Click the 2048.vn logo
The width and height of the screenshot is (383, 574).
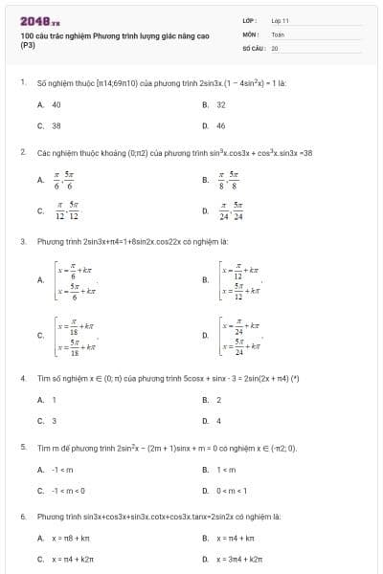39,19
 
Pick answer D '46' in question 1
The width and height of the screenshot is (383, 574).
220,125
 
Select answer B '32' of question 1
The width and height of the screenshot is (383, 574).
220,104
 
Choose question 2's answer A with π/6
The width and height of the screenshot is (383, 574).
65,179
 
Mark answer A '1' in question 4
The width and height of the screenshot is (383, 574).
54,399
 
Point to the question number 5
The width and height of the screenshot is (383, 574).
22,447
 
